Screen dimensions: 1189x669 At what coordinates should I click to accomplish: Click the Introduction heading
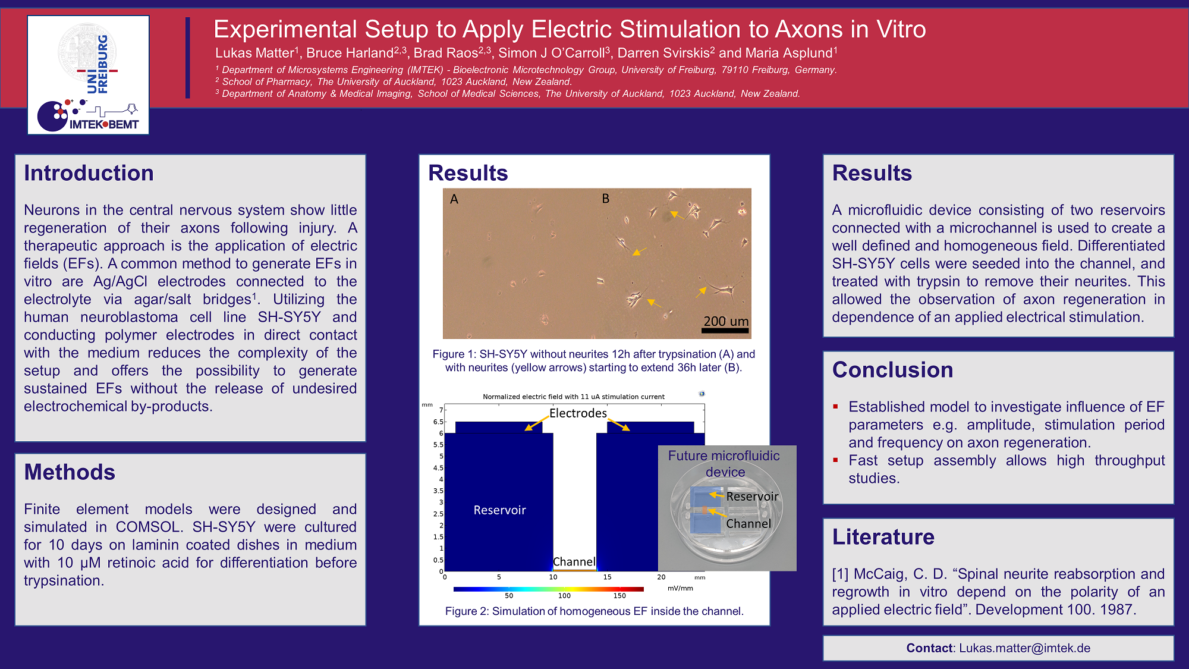pos(89,173)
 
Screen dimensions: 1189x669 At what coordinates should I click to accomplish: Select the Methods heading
pos(70,472)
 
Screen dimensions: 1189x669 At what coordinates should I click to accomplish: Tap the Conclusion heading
pos(892,370)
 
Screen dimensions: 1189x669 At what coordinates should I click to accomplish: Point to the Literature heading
pos(883,537)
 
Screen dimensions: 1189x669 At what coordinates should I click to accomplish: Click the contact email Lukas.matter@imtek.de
pos(1024,648)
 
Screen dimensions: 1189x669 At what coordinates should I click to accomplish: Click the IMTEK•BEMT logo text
pos(104,124)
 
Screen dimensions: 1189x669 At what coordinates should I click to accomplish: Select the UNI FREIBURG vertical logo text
pos(97,64)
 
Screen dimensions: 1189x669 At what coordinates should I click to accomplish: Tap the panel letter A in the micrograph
pos(454,199)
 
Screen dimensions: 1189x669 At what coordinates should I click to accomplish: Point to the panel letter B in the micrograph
pos(605,199)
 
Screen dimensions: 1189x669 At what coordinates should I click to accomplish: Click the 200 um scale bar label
pos(726,321)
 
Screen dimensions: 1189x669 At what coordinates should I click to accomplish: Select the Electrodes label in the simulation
pos(578,413)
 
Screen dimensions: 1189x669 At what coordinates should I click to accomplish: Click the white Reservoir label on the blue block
pos(499,510)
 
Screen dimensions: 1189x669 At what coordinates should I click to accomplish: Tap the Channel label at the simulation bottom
pos(574,562)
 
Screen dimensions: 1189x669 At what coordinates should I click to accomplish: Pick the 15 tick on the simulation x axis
pos(607,577)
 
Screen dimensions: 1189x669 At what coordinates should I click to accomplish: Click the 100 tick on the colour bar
pos(564,596)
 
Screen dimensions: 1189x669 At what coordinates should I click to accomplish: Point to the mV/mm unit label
pos(680,588)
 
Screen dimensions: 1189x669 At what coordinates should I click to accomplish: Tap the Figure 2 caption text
pos(594,611)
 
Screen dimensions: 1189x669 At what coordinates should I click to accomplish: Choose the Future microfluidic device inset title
pos(724,464)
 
